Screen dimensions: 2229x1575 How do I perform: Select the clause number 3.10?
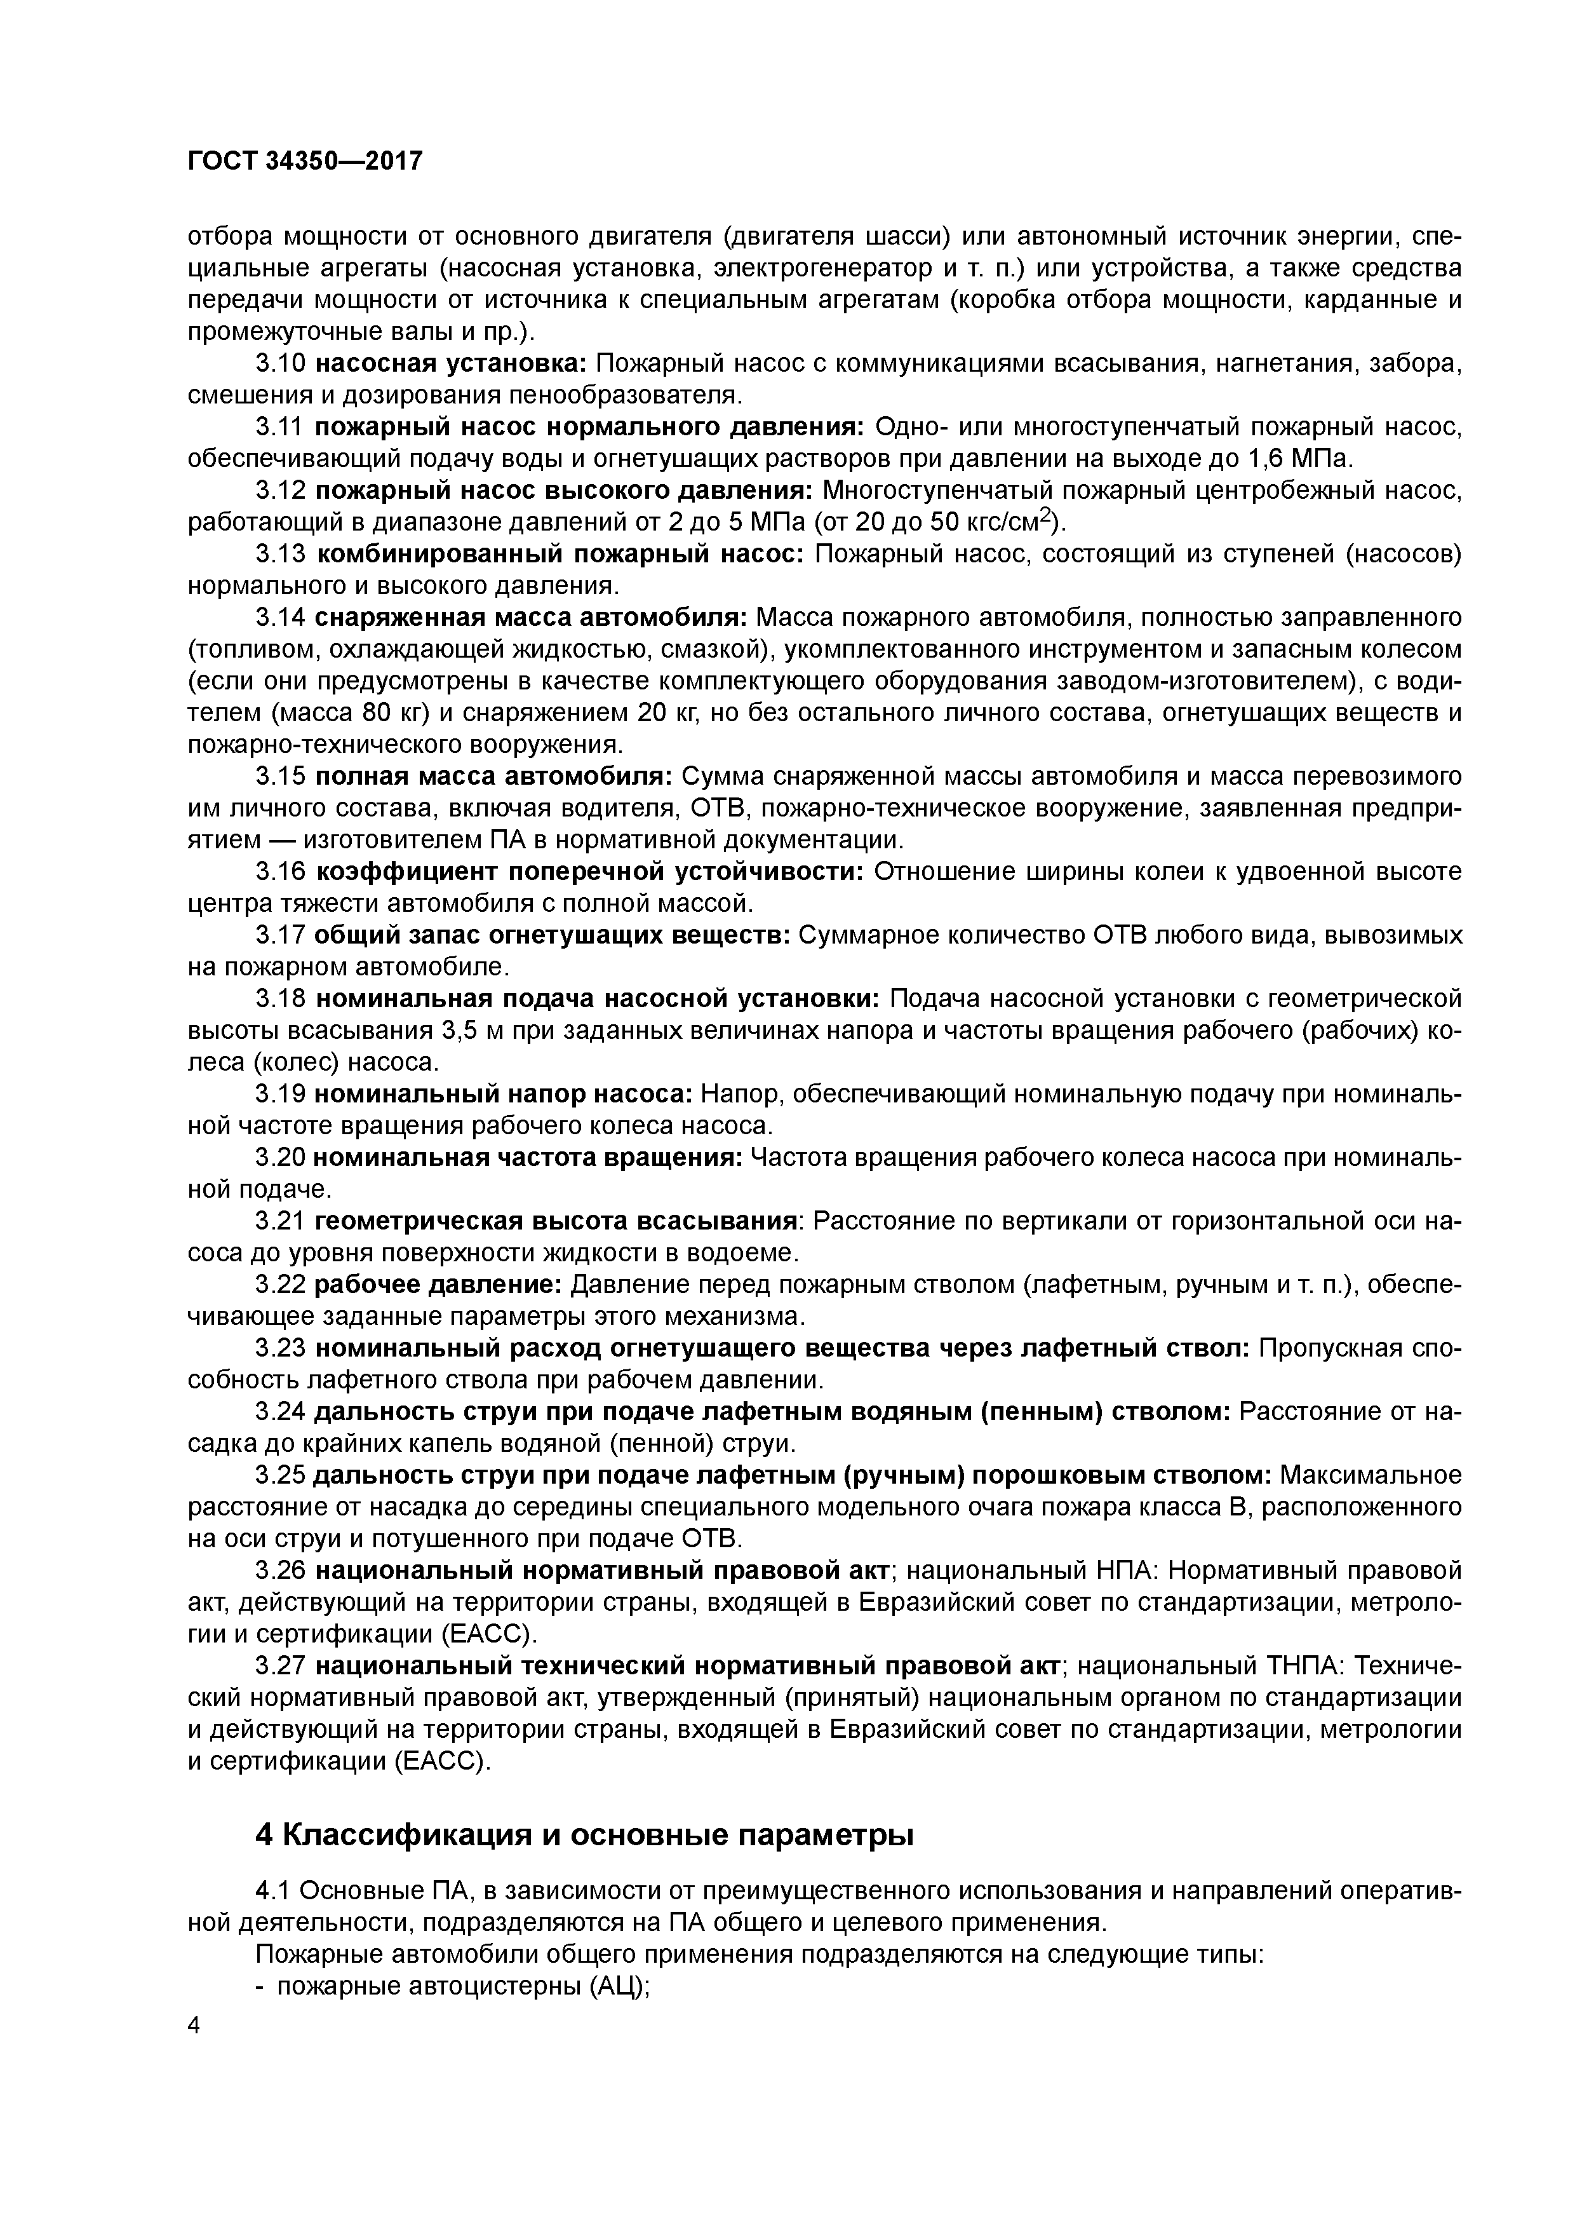point(281,363)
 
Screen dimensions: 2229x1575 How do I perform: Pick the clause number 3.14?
point(281,618)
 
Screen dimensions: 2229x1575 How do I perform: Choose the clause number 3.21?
point(281,1221)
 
